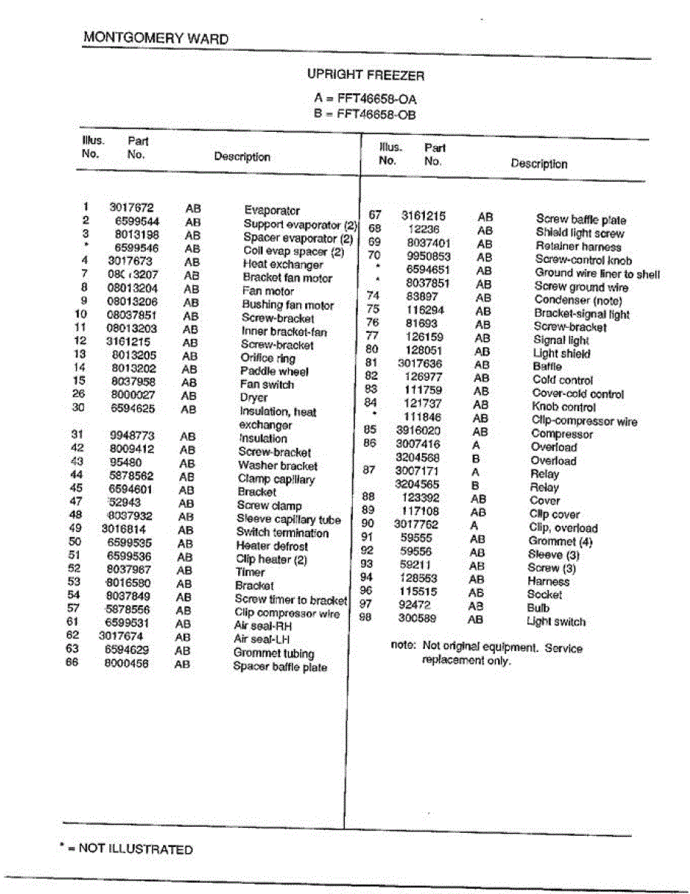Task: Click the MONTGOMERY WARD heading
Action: point(156,38)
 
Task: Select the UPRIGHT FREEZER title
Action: point(365,75)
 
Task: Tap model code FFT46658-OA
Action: point(376,98)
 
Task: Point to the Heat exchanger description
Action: point(283,264)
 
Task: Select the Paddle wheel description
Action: point(274,371)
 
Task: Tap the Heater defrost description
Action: point(272,546)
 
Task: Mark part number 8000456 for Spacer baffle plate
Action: point(126,663)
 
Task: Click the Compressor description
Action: point(562,434)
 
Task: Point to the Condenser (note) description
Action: point(578,300)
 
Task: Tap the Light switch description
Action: point(556,622)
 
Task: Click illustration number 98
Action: point(365,618)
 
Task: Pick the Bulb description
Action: point(538,608)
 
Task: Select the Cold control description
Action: point(562,380)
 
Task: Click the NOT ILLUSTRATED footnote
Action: point(126,849)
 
